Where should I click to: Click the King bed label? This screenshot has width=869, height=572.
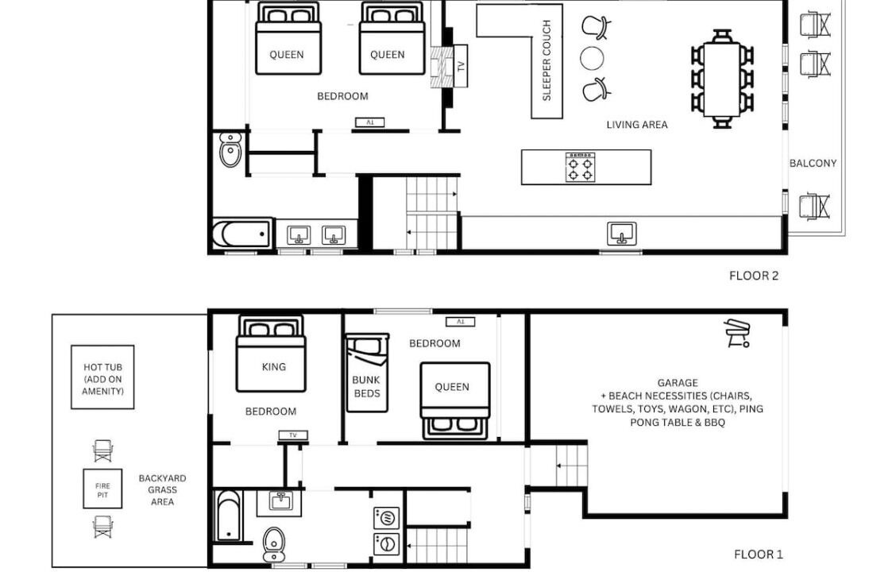(x=274, y=367)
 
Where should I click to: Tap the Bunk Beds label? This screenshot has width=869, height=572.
(x=367, y=387)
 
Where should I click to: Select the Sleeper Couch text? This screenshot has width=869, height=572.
(x=547, y=60)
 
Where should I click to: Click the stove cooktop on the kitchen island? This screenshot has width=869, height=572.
(x=580, y=167)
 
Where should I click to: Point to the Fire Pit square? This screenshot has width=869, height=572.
(x=102, y=489)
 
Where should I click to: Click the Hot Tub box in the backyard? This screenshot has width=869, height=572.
(x=102, y=377)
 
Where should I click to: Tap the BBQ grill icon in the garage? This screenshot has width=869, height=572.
(x=737, y=333)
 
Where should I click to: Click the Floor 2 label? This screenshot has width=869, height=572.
(x=754, y=276)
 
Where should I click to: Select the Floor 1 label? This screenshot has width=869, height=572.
(x=758, y=555)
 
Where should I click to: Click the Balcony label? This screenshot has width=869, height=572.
(x=813, y=163)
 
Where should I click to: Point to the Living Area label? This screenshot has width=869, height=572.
(x=637, y=125)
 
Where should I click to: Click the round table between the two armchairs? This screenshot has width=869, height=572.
(x=592, y=58)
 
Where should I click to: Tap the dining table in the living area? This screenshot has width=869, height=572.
(x=722, y=79)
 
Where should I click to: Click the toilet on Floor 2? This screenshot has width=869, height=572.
(x=230, y=149)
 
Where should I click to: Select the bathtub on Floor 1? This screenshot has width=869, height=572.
(x=228, y=516)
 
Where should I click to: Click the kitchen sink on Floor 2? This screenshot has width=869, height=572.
(x=622, y=234)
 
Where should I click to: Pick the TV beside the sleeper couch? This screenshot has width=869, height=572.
(x=461, y=66)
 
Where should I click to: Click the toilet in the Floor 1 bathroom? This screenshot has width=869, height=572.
(x=273, y=543)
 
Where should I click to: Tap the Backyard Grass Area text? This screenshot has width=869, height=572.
(x=162, y=490)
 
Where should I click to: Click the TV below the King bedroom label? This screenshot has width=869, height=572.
(x=293, y=435)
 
